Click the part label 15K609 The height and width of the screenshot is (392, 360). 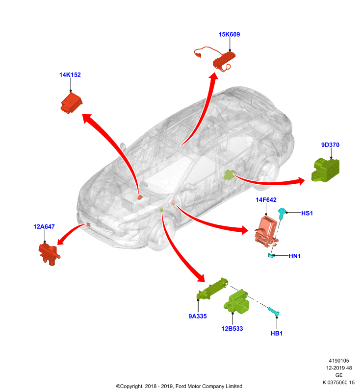[x=229, y=34]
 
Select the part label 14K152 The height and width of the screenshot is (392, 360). [x=70, y=75]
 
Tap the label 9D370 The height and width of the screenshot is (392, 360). [x=330, y=145]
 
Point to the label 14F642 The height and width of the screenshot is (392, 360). [x=266, y=200]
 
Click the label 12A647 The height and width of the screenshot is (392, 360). [x=44, y=227]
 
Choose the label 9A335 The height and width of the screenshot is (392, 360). [x=197, y=316]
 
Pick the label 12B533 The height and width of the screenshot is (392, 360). [x=232, y=328]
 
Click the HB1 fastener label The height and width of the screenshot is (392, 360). [x=277, y=333]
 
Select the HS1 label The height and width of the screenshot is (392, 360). [x=307, y=213]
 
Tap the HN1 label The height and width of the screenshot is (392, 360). [x=294, y=256]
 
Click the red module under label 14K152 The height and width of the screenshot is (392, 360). [x=72, y=103]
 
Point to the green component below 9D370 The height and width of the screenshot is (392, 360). [x=326, y=170]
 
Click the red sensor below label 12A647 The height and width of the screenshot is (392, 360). [x=49, y=253]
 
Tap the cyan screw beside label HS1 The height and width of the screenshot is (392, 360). [x=282, y=214]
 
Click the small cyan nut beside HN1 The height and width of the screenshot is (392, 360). [x=271, y=255]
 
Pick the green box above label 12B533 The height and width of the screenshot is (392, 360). [x=237, y=302]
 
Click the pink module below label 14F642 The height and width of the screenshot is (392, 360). [x=267, y=232]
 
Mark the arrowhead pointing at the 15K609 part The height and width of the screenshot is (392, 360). [x=214, y=76]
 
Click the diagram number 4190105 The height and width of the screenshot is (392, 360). [x=339, y=361]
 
